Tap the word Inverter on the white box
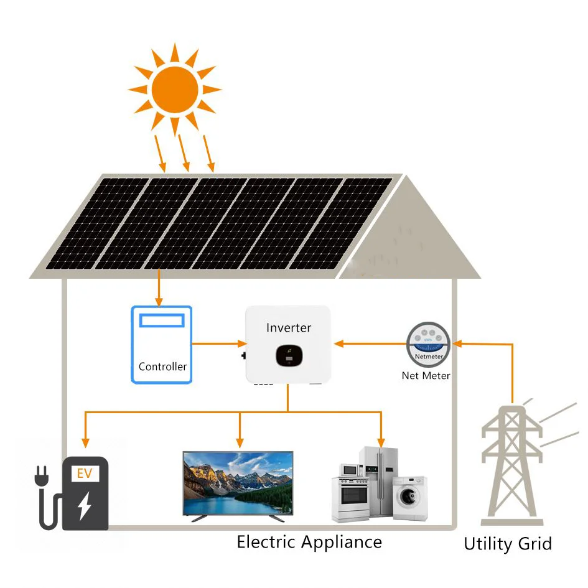tap(288, 328)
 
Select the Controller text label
tap(162, 366)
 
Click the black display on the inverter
tap(287, 355)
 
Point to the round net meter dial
tap(428, 344)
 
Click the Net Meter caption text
tap(426, 376)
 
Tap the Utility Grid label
tap(507, 544)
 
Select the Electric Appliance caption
tap(309, 541)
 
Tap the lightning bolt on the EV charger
tap(84, 506)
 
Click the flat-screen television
tap(238, 483)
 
